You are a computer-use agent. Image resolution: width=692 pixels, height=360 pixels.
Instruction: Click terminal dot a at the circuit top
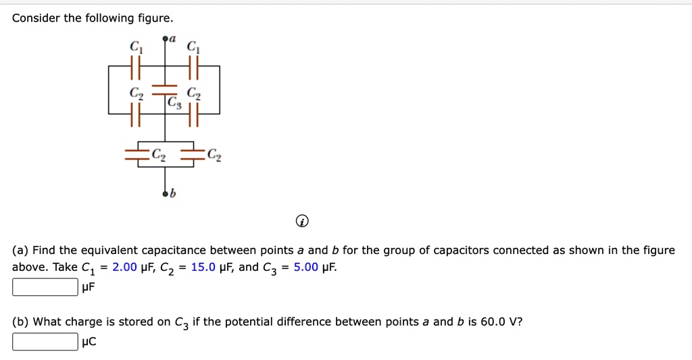[x=165, y=39]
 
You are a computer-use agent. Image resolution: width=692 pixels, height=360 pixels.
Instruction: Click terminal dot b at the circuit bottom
[x=165, y=195]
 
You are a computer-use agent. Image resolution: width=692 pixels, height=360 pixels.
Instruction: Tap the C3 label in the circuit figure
[x=175, y=103]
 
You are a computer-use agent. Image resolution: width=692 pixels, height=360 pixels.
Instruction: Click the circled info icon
[x=303, y=221]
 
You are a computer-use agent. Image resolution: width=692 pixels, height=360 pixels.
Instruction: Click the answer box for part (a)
[x=45, y=288]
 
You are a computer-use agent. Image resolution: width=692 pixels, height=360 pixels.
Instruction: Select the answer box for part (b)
[x=45, y=342]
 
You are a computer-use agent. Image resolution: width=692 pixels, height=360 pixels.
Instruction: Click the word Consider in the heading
[x=36, y=18]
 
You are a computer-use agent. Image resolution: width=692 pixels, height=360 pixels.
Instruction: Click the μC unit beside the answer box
[x=89, y=342]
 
